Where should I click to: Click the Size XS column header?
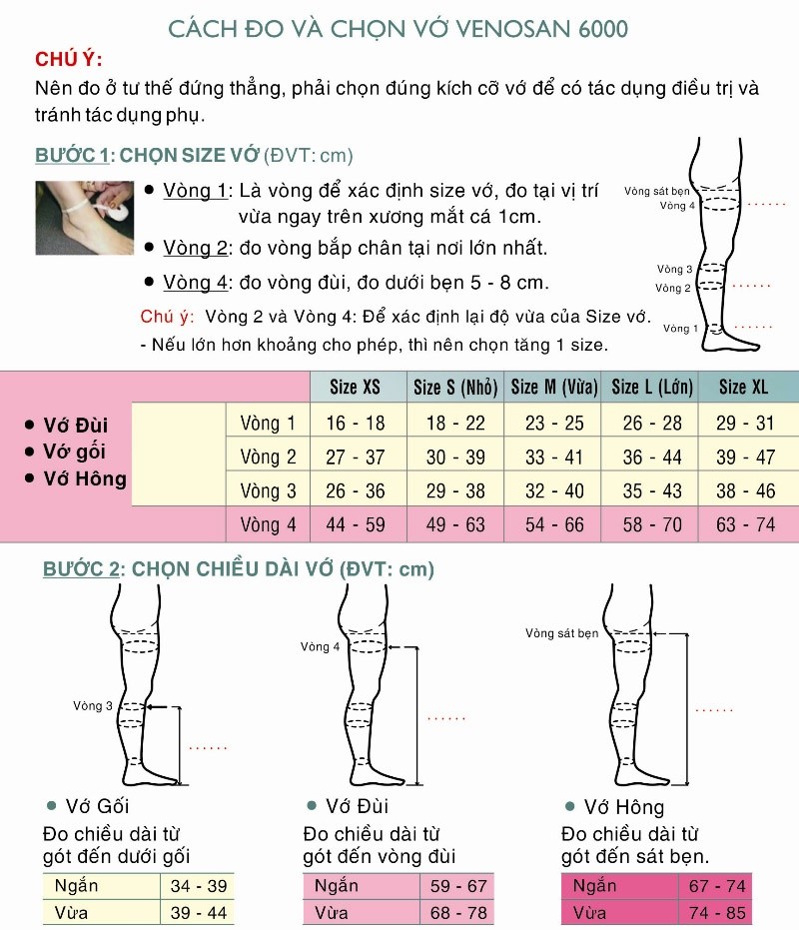coord(356,388)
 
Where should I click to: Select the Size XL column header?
coord(745,388)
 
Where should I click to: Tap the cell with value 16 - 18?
coord(356,423)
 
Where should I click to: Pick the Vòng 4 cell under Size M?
coord(554,524)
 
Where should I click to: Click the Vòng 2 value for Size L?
coord(652,458)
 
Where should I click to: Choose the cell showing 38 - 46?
coord(745,490)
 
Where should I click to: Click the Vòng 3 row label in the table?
coord(268,490)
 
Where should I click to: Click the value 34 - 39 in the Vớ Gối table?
coord(199,886)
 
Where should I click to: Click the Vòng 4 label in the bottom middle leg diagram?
coord(321,647)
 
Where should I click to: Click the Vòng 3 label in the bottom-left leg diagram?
coord(93,706)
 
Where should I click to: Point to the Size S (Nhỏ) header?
coord(455,388)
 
